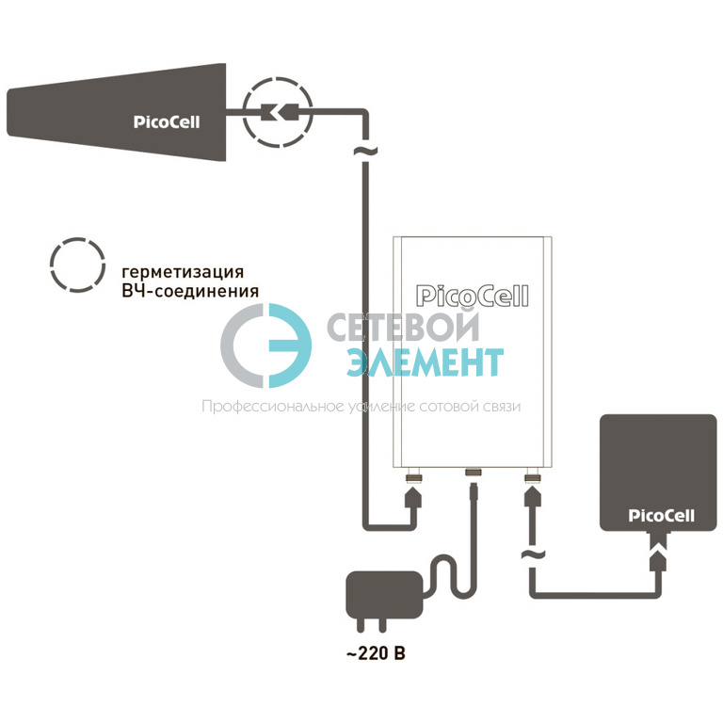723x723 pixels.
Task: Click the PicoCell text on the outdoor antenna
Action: tap(167, 121)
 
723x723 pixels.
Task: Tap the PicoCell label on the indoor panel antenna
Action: tap(661, 516)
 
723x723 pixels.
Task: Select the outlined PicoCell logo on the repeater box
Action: tap(473, 296)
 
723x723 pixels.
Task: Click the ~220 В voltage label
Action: tap(376, 653)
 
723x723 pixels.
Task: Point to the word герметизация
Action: tap(183, 272)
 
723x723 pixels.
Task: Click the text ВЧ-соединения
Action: tap(190, 292)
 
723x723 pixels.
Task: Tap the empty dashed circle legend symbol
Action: tap(77, 265)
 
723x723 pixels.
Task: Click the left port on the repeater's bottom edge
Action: tap(413, 475)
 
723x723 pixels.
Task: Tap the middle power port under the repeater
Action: tap(474, 473)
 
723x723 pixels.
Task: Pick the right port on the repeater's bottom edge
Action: tap(533, 475)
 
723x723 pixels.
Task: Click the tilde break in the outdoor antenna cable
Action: tap(365, 151)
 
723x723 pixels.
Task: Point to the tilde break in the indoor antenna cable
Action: tap(533, 555)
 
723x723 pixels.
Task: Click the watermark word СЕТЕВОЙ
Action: tap(404, 327)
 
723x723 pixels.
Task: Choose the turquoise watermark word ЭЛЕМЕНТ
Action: tap(425, 361)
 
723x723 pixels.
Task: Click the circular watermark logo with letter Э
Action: tap(265, 345)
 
